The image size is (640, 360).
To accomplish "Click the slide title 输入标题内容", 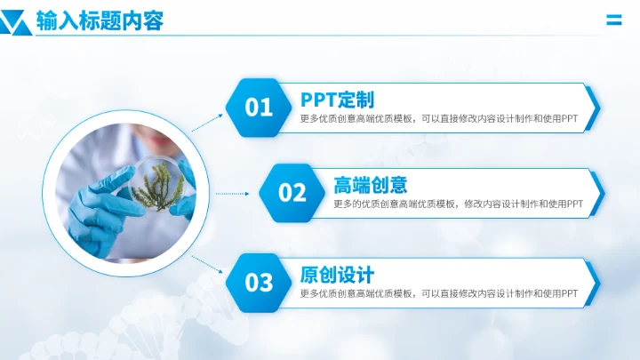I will point(100,21).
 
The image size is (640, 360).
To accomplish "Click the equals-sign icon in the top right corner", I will point(613,20).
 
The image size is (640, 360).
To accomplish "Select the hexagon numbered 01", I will point(259,108).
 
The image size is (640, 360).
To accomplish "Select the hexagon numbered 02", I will point(292,193).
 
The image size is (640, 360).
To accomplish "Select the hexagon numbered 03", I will point(259,283).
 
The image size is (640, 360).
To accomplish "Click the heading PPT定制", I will point(337,99).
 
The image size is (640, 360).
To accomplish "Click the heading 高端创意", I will point(370,185).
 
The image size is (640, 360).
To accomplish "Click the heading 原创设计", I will point(337,274).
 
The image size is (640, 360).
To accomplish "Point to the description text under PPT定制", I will point(439,119).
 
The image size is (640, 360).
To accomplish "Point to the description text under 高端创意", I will point(458,204).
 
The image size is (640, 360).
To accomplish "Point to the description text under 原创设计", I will point(439,293).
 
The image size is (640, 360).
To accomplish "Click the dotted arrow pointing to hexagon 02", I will point(234,193).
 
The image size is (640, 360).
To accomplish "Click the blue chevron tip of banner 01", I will point(593,108).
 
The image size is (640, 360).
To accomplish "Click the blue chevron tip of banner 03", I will point(593,283).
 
